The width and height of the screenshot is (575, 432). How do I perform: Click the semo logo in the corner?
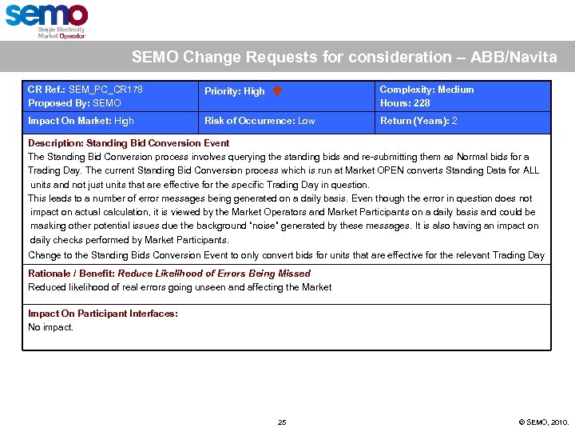click(x=46, y=20)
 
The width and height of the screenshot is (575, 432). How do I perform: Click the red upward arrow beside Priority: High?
click(x=277, y=91)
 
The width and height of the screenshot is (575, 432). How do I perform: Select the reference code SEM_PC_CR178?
click(x=106, y=90)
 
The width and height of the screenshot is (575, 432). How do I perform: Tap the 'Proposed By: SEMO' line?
click(x=74, y=103)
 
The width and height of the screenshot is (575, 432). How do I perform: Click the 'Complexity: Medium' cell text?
click(x=426, y=90)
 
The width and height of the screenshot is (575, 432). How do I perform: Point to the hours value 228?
click(x=422, y=103)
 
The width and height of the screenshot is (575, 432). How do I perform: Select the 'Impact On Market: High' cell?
click(x=81, y=121)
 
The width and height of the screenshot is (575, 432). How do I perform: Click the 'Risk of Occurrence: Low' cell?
click(x=260, y=121)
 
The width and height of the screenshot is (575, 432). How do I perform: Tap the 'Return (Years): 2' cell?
click(x=418, y=121)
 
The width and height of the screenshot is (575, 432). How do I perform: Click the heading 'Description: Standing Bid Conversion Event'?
click(x=129, y=143)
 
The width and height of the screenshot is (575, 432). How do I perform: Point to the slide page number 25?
click(x=282, y=422)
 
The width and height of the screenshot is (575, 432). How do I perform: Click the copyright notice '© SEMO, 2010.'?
click(x=544, y=422)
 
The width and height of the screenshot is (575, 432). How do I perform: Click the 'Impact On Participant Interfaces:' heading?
click(x=103, y=314)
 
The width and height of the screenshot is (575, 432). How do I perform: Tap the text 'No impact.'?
click(x=50, y=327)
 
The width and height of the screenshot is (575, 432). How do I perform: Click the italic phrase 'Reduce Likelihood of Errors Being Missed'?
click(x=214, y=274)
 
